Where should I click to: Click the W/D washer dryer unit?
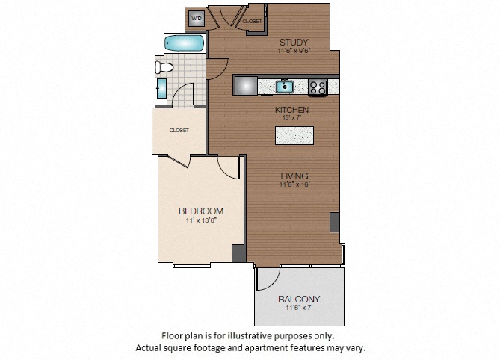(x=197, y=18)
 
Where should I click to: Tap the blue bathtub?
(x=184, y=43)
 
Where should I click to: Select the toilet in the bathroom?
(x=164, y=67)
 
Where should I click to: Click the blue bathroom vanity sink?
(x=161, y=88)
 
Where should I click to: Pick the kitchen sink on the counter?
(x=285, y=87)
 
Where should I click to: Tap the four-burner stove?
(x=318, y=87)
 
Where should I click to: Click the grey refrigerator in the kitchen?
(x=246, y=85)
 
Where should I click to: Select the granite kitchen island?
(x=294, y=135)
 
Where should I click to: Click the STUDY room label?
(x=294, y=42)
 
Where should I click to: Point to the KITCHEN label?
(x=291, y=110)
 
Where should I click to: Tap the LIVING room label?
(x=294, y=176)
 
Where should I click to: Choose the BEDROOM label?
(x=201, y=211)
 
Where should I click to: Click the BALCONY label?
(x=299, y=300)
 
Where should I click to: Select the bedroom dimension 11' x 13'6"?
(x=201, y=220)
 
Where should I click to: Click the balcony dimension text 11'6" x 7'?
(x=299, y=308)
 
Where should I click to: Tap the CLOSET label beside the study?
(x=252, y=22)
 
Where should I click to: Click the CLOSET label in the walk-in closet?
(x=179, y=130)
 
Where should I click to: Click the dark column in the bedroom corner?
(x=238, y=253)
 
